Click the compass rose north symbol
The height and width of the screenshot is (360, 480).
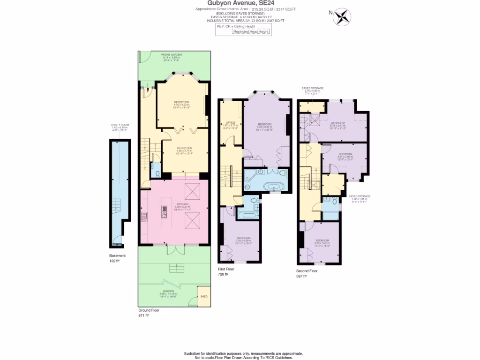click(342, 16)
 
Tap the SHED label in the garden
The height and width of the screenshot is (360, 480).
click(203, 296)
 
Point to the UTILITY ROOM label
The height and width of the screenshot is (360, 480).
click(119, 125)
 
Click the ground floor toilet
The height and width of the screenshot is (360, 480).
click(157, 174)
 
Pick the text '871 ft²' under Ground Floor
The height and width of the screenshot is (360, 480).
click(143, 315)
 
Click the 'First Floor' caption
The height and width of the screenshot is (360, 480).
click(226, 269)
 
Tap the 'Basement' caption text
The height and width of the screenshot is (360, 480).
click(117, 255)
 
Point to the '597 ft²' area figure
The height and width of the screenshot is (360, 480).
click(301, 276)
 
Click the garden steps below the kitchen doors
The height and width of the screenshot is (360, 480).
click(174, 267)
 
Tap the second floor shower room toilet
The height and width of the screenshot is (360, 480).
click(333, 200)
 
